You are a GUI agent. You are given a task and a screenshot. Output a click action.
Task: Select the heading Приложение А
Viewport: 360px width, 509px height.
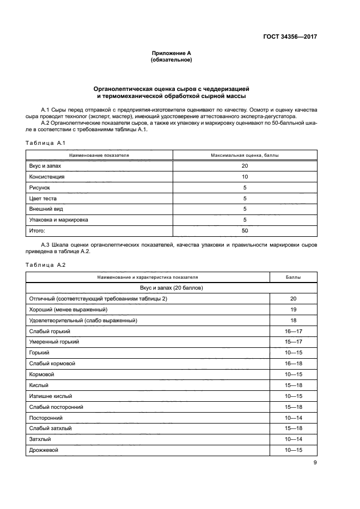tap(171, 53)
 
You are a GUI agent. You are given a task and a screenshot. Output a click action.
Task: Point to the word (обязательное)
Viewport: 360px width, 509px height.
tap(171, 60)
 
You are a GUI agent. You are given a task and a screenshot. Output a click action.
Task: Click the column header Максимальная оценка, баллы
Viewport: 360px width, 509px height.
tap(245, 155)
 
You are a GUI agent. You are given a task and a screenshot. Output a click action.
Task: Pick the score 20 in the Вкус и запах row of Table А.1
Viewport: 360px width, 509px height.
tap(245, 166)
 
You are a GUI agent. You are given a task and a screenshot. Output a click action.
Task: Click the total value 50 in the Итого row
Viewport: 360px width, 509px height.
tap(245, 231)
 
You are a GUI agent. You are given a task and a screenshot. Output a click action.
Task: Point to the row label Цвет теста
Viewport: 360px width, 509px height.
tap(44, 199)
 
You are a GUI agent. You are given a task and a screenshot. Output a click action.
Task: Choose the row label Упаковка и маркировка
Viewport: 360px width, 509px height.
tap(58, 220)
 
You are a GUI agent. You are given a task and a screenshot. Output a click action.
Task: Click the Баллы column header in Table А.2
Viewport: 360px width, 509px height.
tap(293, 277)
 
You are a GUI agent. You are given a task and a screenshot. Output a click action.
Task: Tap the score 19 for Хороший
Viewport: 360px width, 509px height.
tap(293, 310)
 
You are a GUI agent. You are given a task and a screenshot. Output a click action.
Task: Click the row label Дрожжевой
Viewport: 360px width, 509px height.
tap(44, 450)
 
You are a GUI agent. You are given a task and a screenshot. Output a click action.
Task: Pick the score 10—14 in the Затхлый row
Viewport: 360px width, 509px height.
tap(293, 439)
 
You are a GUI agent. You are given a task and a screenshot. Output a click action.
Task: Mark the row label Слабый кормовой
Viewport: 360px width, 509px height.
tap(52, 364)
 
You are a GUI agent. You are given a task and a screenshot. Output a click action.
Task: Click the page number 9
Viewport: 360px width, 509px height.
tap(315, 463)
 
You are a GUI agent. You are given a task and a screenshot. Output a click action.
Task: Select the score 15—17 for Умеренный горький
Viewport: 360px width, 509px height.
tap(293, 342)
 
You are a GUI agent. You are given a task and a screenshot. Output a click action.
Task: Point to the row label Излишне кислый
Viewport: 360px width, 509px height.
tap(51, 396)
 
